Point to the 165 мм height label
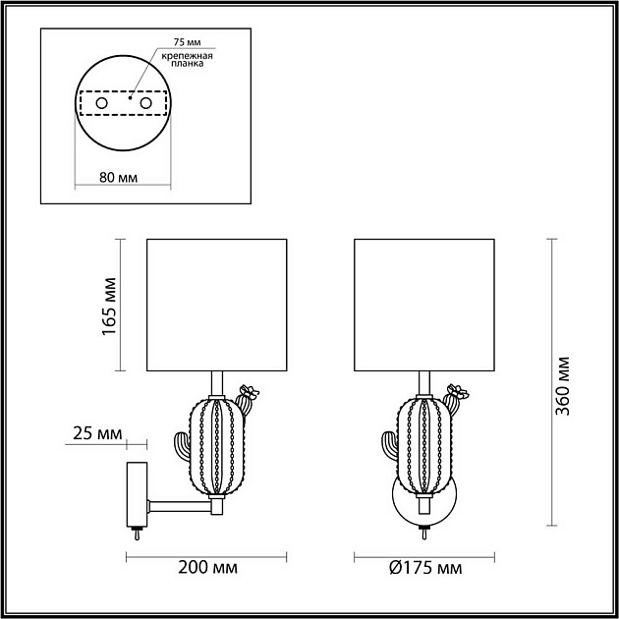[x=109, y=305]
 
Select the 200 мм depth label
[x=210, y=568]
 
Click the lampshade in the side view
[x=216, y=305]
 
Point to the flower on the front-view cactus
[x=455, y=394]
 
